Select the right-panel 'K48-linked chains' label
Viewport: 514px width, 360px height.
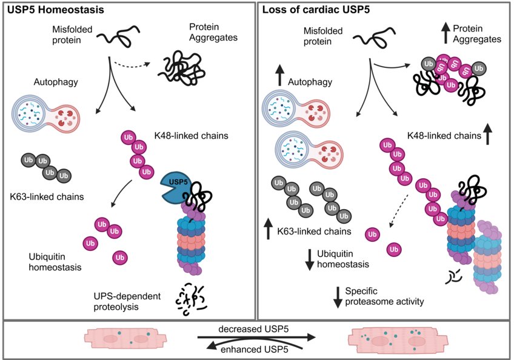tap(446, 136)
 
